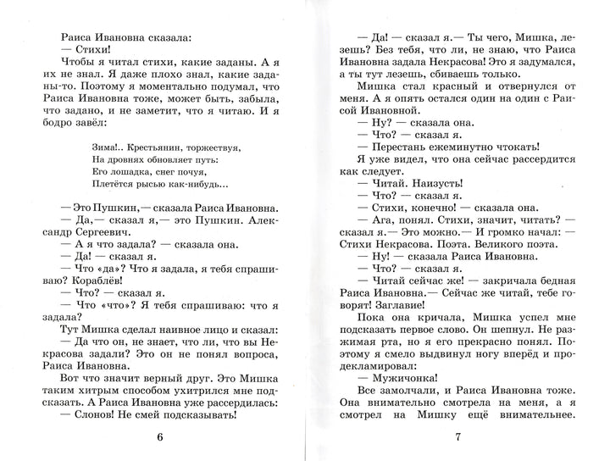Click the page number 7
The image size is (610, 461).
(456, 436)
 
